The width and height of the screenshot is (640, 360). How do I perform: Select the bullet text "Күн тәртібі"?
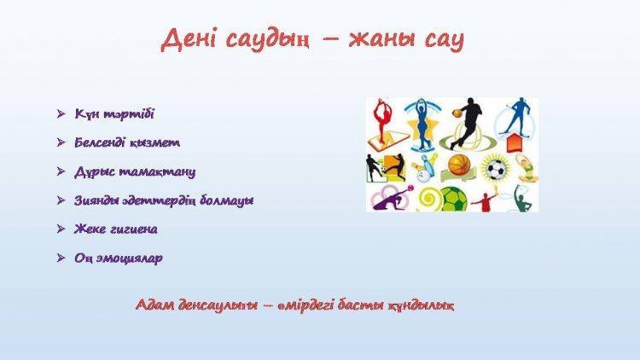pyautogui.click(x=114, y=113)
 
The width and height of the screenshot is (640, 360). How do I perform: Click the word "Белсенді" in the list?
pyautogui.click(x=100, y=142)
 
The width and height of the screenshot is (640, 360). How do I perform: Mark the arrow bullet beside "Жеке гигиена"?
pyautogui.click(x=61, y=229)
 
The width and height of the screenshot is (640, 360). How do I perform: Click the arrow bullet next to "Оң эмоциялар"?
pyautogui.click(x=61, y=258)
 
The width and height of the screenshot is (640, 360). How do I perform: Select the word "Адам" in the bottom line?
pyautogui.click(x=153, y=305)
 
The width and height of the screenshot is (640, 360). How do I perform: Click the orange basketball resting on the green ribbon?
pyautogui.click(x=460, y=164)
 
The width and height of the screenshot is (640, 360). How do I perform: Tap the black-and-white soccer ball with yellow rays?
pyautogui.click(x=496, y=169)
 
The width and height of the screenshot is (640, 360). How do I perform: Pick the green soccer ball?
pyautogui.click(x=453, y=200)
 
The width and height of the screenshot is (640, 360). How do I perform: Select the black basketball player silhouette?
pyautogui.click(x=468, y=123)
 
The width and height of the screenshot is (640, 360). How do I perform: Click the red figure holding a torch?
pyautogui.click(x=486, y=200)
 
